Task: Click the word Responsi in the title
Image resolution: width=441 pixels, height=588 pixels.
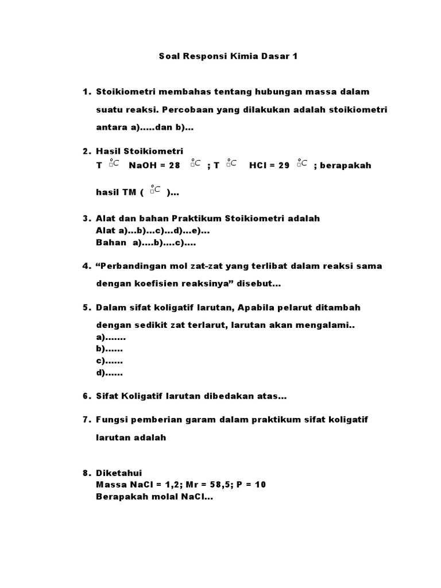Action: [x=203, y=57]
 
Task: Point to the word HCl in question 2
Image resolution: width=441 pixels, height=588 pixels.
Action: [x=259, y=165]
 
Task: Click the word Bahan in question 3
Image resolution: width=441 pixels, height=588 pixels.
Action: [x=111, y=242]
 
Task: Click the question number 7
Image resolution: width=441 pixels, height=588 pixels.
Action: [x=87, y=420]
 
